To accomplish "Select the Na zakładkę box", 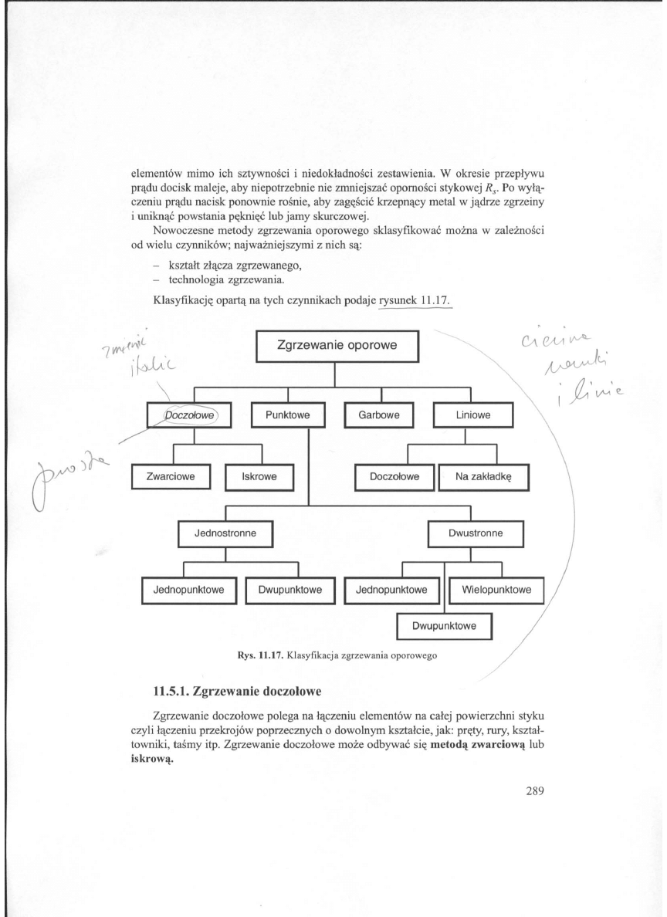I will [489, 476].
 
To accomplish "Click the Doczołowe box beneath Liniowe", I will [394, 476].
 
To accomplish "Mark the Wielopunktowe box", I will [496, 591].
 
